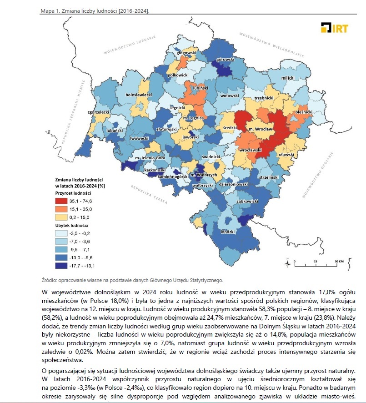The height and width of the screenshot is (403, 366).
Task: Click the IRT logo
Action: coord(334,28)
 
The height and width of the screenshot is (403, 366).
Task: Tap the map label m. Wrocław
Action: coord(261,129)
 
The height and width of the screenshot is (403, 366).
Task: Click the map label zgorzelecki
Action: coord(99,112)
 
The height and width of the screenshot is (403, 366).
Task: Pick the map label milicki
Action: coord(288,78)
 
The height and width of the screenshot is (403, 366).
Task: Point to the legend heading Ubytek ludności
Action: coord(72,225)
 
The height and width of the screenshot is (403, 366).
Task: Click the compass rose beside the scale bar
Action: coord(287,263)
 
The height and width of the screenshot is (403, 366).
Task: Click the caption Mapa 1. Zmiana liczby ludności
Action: coord(95,10)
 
